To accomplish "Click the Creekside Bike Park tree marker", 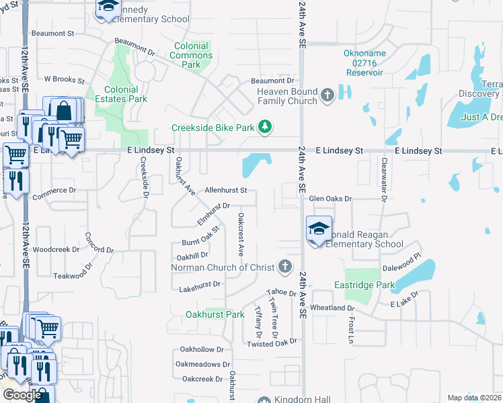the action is click(266, 127).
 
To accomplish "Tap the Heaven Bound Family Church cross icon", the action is click(327, 95).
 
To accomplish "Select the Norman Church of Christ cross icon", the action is click(286, 267).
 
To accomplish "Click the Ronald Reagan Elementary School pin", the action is click(319, 228).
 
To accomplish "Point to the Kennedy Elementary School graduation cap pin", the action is click(107, 8).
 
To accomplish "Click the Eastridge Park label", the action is click(364, 285).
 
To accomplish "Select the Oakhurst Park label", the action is click(215, 314).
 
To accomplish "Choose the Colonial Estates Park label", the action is click(121, 94).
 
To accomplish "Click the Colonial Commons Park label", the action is click(192, 56).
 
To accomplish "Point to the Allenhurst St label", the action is click(227, 191).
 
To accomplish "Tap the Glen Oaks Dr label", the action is click(330, 199).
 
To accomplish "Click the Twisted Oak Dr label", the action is click(271, 344).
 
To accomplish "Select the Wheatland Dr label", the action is click(332, 308).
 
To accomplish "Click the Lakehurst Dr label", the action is click(200, 285).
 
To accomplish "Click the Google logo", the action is click(22, 395).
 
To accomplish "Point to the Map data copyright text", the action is click(474, 398).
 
